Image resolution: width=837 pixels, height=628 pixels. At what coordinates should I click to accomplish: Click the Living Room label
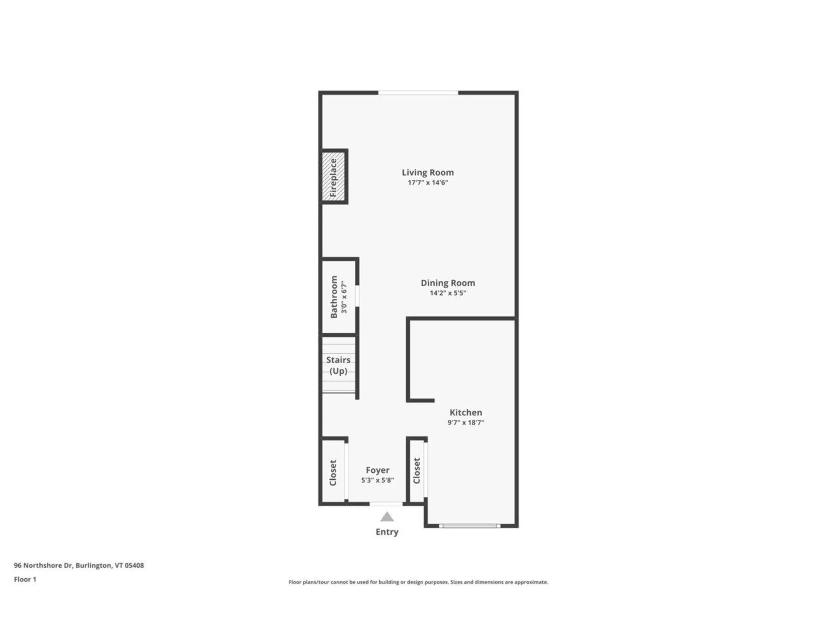(x=428, y=173)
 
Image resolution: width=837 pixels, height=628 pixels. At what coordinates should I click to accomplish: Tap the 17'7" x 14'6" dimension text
(x=428, y=183)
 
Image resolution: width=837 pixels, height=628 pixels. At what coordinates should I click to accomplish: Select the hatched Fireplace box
(x=333, y=177)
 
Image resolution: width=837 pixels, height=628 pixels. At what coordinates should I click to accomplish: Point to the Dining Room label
(x=448, y=283)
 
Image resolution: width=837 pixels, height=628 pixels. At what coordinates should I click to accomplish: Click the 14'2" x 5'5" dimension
(x=448, y=293)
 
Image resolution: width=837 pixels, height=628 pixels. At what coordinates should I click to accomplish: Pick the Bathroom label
(x=334, y=297)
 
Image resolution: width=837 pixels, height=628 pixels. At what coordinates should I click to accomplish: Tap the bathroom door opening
(x=357, y=296)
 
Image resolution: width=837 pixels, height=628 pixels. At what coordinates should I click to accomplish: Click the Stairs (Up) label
(x=338, y=365)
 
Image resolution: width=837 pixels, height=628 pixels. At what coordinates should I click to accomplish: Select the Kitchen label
(x=466, y=413)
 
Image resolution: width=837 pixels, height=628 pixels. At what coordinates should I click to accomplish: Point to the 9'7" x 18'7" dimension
(x=466, y=423)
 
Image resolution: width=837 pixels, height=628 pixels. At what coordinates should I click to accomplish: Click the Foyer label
(x=378, y=470)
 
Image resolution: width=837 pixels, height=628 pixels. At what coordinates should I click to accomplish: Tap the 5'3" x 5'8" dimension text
(x=378, y=480)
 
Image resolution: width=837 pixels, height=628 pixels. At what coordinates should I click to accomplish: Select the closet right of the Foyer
(x=417, y=471)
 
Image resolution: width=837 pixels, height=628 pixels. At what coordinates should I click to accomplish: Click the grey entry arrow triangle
(x=387, y=517)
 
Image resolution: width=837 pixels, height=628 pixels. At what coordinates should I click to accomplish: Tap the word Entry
(x=387, y=532)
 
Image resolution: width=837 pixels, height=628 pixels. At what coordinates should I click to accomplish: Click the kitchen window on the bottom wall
(x=470, y=526)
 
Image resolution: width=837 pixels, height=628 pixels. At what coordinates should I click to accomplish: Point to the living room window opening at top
(x=418, y=93)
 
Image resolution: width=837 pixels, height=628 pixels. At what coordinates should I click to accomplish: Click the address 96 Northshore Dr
(x=78, y=566)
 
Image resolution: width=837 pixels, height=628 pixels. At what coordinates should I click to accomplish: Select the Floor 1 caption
(x=25, y=580)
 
